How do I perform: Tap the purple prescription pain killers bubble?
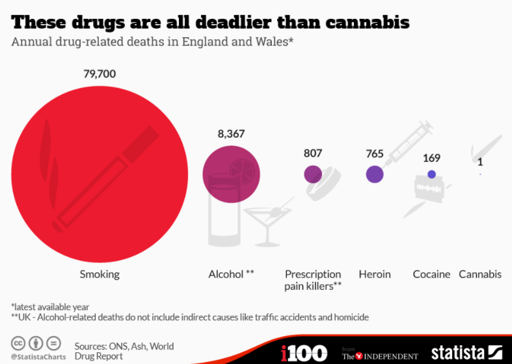[x=313, y=174]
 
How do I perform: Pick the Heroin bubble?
[x=374, y=174]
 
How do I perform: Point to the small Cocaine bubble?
[x=431, y=174]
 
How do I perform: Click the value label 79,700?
[x=100, y=74]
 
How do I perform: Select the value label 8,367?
[x=231, y=134]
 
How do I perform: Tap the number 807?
[x=313, y=154]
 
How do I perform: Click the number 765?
[x=374, y=154]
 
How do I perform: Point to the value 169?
[x=431, y=157]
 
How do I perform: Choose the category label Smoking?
[x=100, y=274]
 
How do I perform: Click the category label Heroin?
[x=375, y=274]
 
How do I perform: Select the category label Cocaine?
[x=431, y=274]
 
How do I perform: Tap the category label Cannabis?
[x=480, y=274]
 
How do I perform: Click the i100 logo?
[x=304, y=353]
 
